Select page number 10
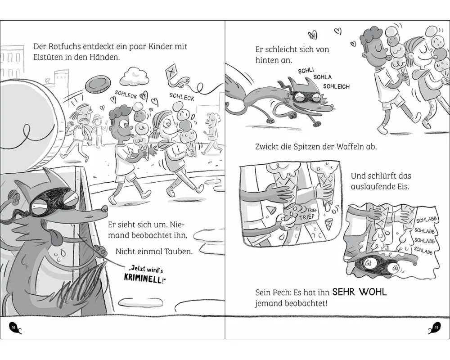tap(13, 327)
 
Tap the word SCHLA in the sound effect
tap(323, 77)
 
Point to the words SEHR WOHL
tap(359, 292)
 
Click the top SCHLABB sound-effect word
tap(427, 220)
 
